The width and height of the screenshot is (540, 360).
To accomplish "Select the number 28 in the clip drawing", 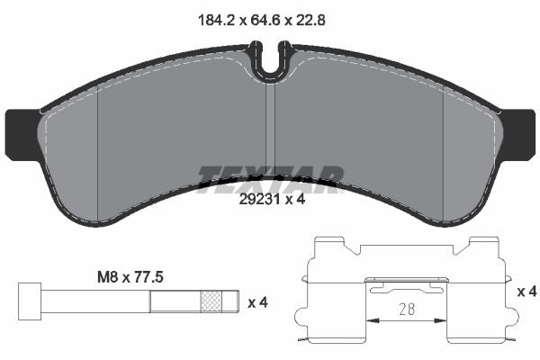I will (x=407, y=310).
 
